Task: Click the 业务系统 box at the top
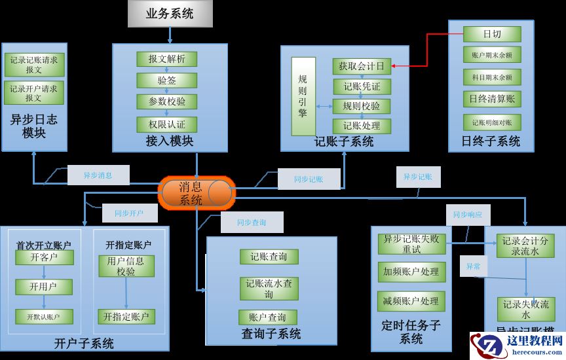(x=170, y=13)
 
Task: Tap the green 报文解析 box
(x=166, y=59)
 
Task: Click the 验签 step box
(x=166, y=81)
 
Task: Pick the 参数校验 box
(x=166, y=102)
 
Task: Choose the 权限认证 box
(x=166, y=124)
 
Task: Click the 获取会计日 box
(x=361, y=65)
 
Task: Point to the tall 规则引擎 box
(x=303, y=96)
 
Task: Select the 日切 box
(x=491, y=33)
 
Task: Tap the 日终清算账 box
(x=491, y=99)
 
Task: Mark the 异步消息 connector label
(x=98, y=175)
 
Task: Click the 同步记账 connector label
(x=308, y=179)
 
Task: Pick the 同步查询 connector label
(x=252, y=223)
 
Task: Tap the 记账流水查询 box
(x=269, y=289)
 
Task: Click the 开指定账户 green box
(x=127, y=317)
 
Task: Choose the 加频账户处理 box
(x=411, y=272)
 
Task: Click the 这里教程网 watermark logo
(x=517, y=346)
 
